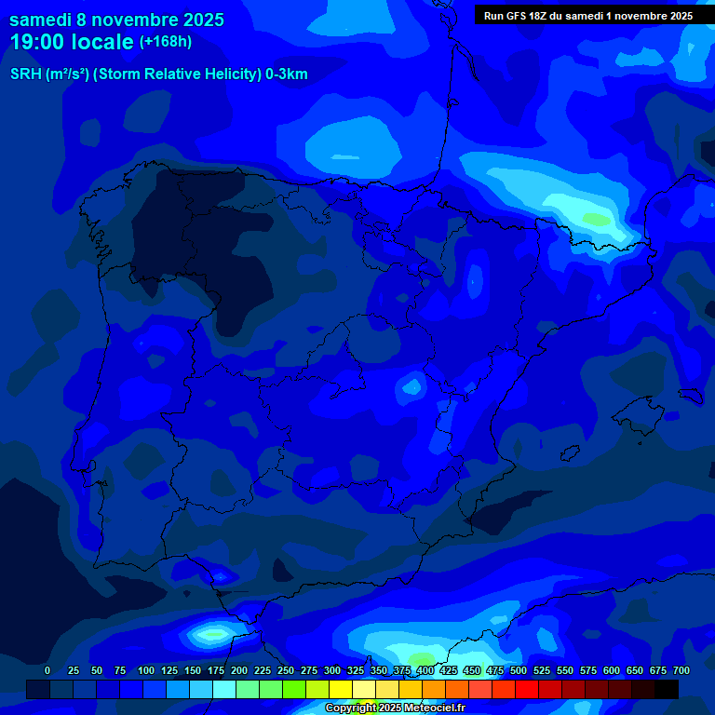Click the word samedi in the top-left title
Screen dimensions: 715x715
tap(40, 20)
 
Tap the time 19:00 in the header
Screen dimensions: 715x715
tap(40, 42)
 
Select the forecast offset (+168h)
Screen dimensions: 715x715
tap(165, 42)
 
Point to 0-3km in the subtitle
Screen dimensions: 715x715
tap(286, 74)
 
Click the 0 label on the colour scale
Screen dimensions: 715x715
tap(47, 670)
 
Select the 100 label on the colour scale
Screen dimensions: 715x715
tap(146, 670)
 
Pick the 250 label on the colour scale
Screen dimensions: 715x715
tap(286, 670)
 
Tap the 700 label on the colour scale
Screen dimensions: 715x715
tap(681, 670)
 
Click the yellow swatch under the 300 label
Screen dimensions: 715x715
tap(341, 689)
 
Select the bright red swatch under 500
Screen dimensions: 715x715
tap(527, 689)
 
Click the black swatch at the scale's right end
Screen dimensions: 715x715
tap(667, 689)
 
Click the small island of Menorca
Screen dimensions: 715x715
tap(690, 395)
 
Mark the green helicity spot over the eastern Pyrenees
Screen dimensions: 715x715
tap(593, 220)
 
